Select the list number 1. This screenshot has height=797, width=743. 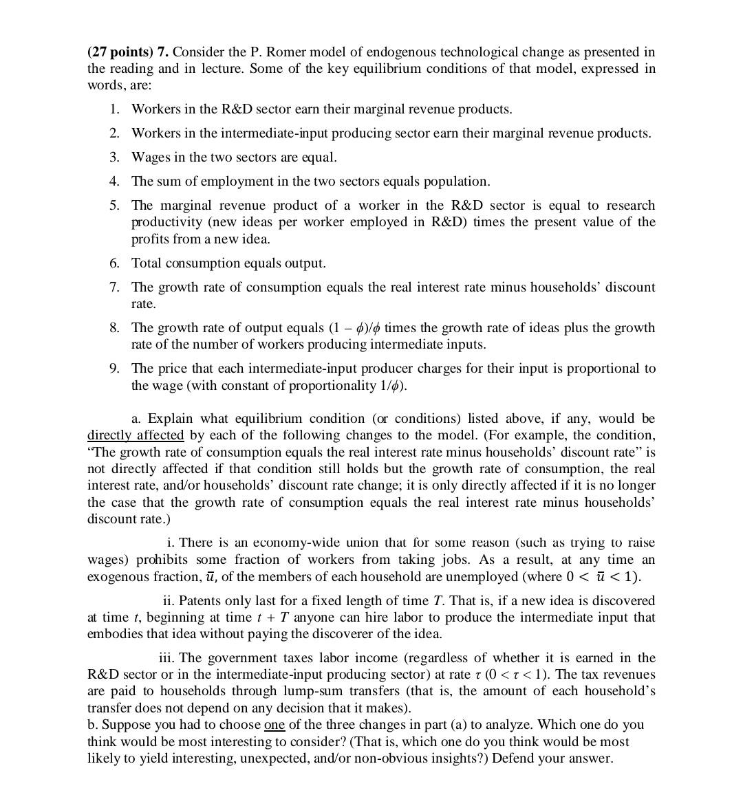coord(115,109)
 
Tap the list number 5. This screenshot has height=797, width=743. coord(115,206)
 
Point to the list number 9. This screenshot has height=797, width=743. coord(115,369)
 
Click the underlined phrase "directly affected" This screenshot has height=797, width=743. coord(136,435)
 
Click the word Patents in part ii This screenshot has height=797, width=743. coord(200,601)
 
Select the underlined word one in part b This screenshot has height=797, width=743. coord(274,725)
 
